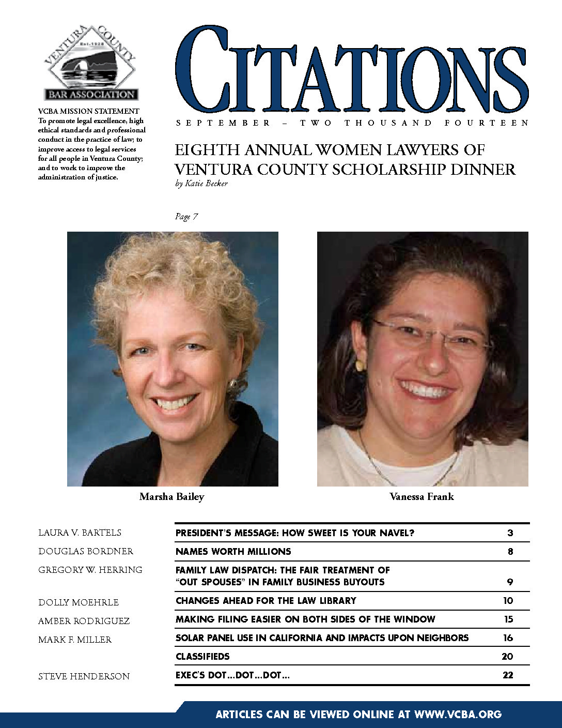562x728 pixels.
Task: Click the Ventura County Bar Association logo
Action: tap(91, 63)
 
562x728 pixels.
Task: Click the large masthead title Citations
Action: tap(351, 70)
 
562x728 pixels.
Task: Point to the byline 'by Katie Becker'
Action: tap(201, 184)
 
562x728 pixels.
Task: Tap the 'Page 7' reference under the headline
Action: tap(186, 217)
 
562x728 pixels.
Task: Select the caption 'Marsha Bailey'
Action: tap(171, 497)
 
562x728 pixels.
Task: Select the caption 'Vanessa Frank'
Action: tap(422, 497)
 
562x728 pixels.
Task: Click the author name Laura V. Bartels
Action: tap(80, 533)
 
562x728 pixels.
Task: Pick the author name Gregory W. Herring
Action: tap(90, 570)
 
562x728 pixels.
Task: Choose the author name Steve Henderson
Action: tap(84, 676)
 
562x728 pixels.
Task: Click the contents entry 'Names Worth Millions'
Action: tap(233, 552)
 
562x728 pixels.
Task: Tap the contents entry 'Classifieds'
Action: tap(202, 657)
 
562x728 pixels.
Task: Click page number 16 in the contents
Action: tap(508, 638)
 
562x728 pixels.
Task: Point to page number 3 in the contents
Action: tap(510, 533)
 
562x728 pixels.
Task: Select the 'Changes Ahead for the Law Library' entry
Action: tap(266, 601)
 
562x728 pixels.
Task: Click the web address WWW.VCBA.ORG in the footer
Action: tap(458, 715)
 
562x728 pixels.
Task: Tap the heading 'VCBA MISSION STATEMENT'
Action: tap(89, 111)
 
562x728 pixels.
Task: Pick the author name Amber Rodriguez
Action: tap(84, 621)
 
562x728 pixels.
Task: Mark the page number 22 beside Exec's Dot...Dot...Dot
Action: tap(508, 675)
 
